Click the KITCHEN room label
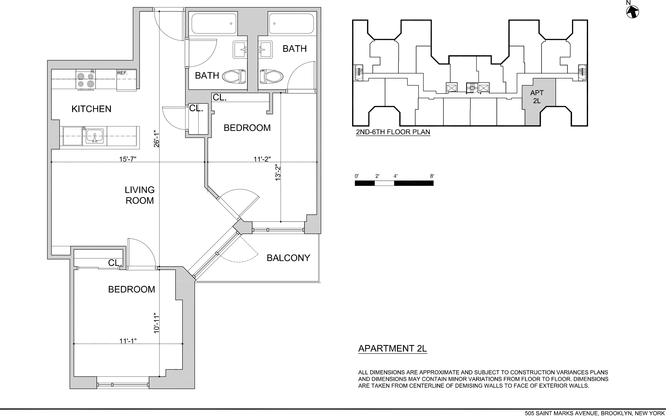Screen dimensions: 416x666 tap(91, 109)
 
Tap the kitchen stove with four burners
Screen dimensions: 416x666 tap(86, 80)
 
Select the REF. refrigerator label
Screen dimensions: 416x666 tap(122, 73)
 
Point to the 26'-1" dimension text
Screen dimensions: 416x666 tap(156, 139)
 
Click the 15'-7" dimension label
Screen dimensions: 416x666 tap(127, 159)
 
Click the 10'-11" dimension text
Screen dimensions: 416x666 tap(156, 323)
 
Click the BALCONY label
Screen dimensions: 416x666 tap(288, 258)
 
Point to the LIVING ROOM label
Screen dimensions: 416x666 tap(140, 195)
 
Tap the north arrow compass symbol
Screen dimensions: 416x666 tap(632, 12)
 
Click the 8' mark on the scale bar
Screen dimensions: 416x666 tap(432, 176)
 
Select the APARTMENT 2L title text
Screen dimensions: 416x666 tap(392, 348)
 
